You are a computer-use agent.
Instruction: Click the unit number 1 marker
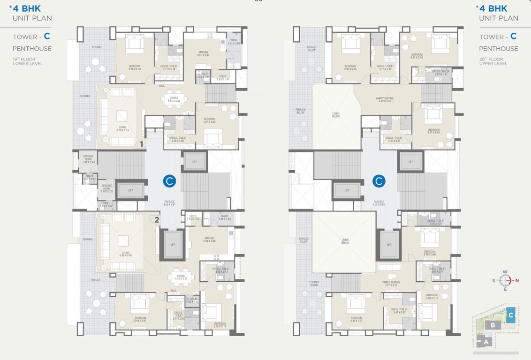(x=142, y=145)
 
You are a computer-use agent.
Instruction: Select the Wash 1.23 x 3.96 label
(x=234, y=42)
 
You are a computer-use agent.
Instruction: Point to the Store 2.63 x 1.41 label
(x=223, y=78)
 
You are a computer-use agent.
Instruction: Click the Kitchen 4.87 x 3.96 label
(x=203, y=53)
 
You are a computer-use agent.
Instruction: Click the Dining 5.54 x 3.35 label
(x=174, y=99)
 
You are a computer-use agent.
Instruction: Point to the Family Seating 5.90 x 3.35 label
(x=385, y=99)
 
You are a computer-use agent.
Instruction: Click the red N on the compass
(x=517, y=281)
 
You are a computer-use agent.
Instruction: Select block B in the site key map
(x=492, y=325)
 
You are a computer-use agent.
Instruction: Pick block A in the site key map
(x=486, y=342)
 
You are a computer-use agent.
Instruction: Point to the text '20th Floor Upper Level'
(x=492, y=61)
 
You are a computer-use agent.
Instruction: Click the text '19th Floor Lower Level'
(x=28, y=61)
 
